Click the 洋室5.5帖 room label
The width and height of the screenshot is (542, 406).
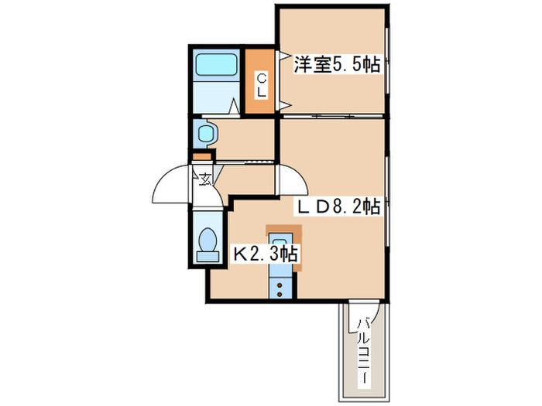click(336, 65)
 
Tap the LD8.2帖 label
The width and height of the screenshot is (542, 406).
click(339, 206)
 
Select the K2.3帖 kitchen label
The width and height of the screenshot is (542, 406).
click(266, 253)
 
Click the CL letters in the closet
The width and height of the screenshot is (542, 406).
click(262, 84)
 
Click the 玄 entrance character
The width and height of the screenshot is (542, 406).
click(205, 181)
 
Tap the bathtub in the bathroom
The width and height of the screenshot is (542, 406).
click(216, 66)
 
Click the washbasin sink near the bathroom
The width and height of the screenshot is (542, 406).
click(205, 133)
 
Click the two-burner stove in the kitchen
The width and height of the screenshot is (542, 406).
click(279, 288)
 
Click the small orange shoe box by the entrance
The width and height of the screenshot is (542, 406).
click(201, 159)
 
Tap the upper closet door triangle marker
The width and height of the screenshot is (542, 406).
click(284, 56)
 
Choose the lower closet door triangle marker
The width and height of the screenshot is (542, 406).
click(284, 104)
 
